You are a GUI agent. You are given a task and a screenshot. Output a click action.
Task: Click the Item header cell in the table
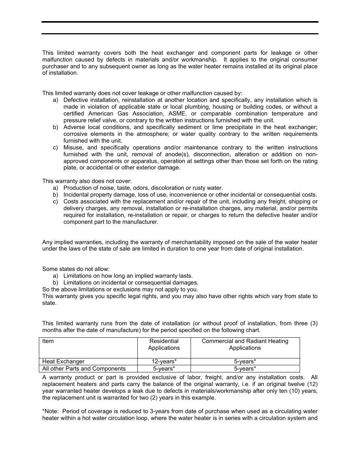click(48, 341)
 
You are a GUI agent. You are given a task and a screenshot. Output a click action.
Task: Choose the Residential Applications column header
click(164, 345)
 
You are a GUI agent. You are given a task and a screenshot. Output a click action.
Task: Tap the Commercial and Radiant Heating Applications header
click(245, 345)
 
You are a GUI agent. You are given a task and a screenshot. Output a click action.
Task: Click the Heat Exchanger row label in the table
click(63, 361)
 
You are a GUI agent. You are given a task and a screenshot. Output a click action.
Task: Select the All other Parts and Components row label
click(84, 369)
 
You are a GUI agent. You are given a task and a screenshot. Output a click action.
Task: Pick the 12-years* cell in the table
click(164, 361)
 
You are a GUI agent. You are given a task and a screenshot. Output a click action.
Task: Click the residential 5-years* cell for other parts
click(164, 369)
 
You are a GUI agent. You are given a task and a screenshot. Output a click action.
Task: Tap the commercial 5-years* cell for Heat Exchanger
click(245, 361)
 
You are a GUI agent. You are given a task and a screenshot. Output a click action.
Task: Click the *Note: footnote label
click(51, 411)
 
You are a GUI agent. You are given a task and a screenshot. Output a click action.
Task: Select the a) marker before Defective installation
click(55, 100)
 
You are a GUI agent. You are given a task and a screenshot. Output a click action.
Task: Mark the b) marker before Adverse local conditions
click(55, 127)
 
